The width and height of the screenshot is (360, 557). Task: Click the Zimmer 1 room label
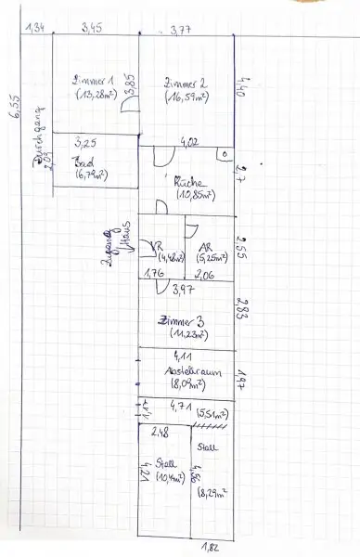(x=92, y=82)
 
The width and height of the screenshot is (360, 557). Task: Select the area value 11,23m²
(x=183, y=335)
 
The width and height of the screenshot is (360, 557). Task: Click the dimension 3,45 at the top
(x=92, y=30)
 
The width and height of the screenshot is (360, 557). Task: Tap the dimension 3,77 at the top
(x=180, y=32)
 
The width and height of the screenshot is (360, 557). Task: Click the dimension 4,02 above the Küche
(x=188, y=142)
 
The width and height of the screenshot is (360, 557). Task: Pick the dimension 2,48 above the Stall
(x=159, y=431)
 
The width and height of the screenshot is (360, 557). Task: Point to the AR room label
(x=204, y=247)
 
